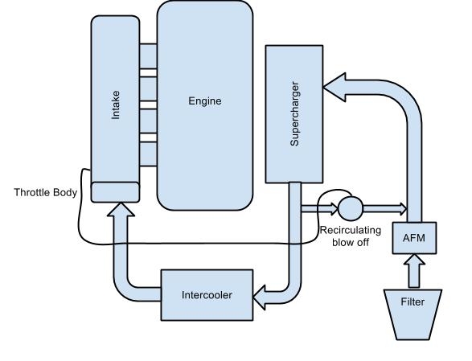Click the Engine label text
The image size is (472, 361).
click(x=205, y=101)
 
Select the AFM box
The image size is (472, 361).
click(x=414, y=238)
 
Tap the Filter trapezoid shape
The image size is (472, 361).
click(x=412, y=314)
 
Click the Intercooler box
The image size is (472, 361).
click(x=207, y=295)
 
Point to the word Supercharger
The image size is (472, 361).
click(x=294, y=114)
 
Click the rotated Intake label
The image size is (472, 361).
click(x=115, y=105)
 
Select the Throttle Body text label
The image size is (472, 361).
click(x=46, y=192)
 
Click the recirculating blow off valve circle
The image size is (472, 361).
click(x=351, y=208)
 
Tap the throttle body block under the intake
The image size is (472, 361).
click(x=115, y=192)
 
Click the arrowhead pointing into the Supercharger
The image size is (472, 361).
click(x=335, y=87)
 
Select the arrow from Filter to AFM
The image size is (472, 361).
click(x=414, y=271)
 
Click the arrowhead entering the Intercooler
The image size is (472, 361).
click(x=259, y=297)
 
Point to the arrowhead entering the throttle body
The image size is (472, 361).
click(x=121, y=209)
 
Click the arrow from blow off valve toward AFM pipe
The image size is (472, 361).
click(x=384, y=209)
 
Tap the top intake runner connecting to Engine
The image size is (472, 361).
click(x=148, y=56)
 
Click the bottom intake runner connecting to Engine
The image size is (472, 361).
click(x=148, y=154)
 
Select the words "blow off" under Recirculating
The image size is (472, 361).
click(x=351, y=242)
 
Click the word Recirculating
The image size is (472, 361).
click(x=351, y=230)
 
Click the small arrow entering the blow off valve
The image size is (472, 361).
click(x=319, y=209)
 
